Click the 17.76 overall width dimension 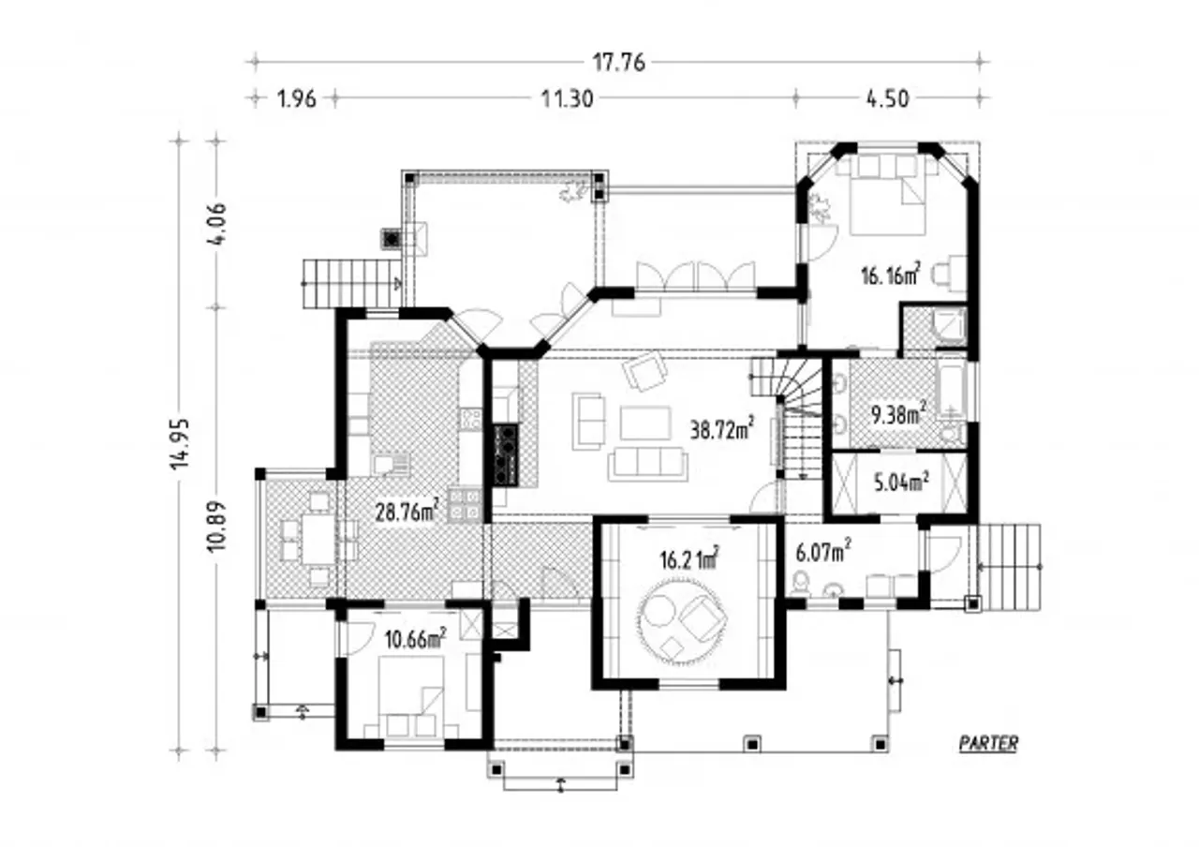(618, 63)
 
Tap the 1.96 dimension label (297, 99)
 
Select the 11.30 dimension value (567, 99)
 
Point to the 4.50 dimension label (887, 99)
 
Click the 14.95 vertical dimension (180, 443)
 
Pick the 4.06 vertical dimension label (216, 224)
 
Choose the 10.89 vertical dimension (216, 527)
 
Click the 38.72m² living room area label (722, 428)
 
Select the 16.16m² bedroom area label (891, 275)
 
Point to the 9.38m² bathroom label (898, 413)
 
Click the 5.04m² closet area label (901, 483)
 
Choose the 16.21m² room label (689, 559)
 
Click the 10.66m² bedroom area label (415, 639)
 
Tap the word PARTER (988, 744)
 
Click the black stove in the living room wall (506, 455)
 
